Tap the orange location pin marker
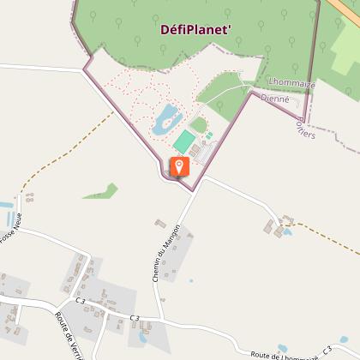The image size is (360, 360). click(x=180, y=167)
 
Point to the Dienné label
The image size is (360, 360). click(x=275, y=99)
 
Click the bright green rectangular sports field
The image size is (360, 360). click(x=184, y=140)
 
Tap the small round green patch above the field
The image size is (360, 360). click(x=198, y=125)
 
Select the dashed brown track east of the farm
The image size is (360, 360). click(x=326, y=240)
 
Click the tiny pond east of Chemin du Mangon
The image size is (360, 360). click(x=190, y=280)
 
